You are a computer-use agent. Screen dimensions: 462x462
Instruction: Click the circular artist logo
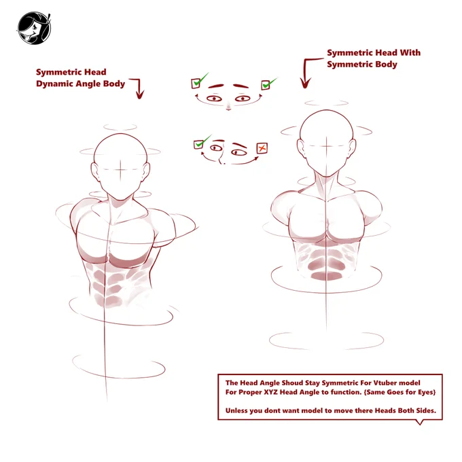(34, 29)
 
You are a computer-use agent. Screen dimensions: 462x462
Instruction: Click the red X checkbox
(262, 148)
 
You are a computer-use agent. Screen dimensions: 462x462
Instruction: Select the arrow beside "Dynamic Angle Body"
(139, 88)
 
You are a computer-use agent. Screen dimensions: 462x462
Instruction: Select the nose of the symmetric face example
(228, 107)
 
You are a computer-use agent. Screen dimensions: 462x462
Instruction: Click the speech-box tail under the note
(420, 422)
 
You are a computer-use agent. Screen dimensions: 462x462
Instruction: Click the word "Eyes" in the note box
(426, 392)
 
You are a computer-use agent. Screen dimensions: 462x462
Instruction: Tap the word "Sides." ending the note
(426, 411)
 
